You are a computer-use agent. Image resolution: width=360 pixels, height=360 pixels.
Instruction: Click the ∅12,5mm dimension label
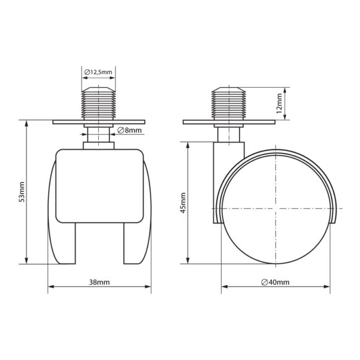pos(98,72)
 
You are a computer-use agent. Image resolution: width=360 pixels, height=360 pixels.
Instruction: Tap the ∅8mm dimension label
pos(130,130)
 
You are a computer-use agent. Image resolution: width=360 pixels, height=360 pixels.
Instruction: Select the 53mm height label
pos(22,192)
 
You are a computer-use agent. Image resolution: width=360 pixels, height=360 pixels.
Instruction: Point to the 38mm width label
pos(99,282)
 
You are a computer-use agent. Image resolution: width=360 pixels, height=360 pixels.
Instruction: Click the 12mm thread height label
pos(279,103)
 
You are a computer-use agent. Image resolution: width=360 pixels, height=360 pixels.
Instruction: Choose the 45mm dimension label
pos(183,203)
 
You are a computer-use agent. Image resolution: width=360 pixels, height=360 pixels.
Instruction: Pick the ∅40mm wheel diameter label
pos(275,282)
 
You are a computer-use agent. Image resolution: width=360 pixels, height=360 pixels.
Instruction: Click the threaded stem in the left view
pos(99,103)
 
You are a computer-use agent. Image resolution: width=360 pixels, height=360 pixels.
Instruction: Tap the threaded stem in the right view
pos(229,103)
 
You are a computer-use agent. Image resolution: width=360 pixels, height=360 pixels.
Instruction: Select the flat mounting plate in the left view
pos(99,122)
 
